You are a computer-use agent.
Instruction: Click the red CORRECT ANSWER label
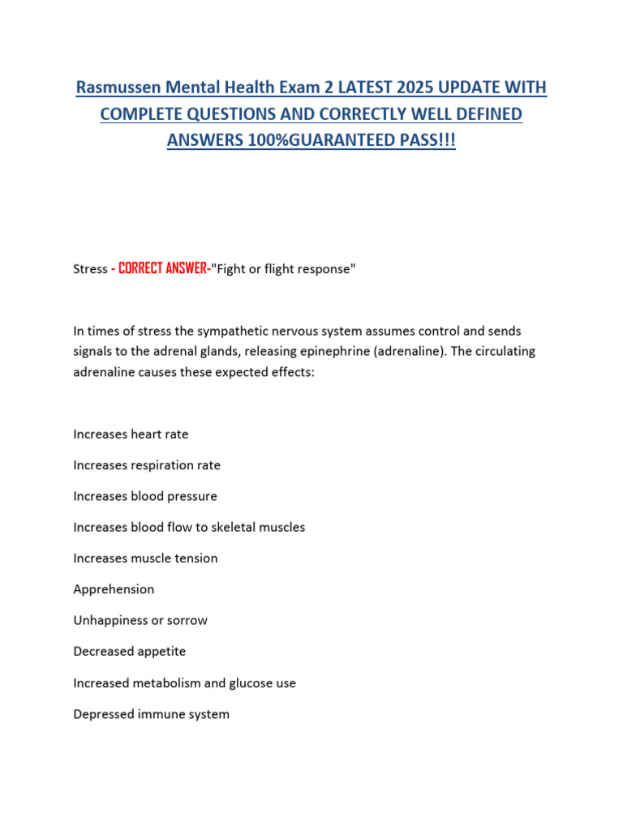point(163,269)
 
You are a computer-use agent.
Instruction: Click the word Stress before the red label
point(90,269)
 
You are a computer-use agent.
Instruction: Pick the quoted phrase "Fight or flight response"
point(283,269)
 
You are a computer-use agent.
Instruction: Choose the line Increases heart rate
point(131,434)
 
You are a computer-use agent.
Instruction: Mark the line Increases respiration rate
point(147,465)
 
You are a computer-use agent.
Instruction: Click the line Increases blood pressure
point(145,496)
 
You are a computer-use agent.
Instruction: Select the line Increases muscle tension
point(145,558)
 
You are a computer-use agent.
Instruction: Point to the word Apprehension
point(114,589)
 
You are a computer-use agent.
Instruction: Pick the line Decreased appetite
point(130,652)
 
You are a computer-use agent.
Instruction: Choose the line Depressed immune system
point(151,714)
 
